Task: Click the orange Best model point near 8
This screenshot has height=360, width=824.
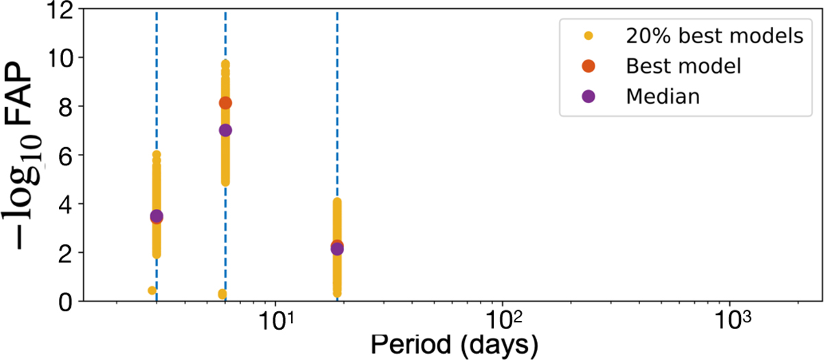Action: tap(225, 103)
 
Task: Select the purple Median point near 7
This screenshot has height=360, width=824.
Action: tap(225, 130)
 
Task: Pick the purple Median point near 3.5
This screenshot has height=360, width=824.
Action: tap(157, 216)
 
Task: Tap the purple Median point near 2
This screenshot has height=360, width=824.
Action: tap(337, 248)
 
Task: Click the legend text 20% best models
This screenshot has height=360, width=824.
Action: tap(714, 36)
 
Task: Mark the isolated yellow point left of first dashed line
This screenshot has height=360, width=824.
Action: tap(152, 291)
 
